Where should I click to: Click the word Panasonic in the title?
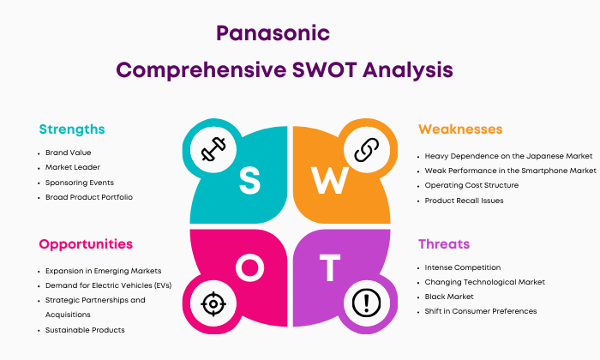[x=273, y=33]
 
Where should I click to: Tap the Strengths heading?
[x=72, y=129]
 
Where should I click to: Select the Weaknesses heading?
[x=460, y=129]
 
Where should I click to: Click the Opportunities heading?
[x=86, y=244]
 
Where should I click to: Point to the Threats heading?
[x=444, y=244]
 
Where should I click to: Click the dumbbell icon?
[x=213, y=149]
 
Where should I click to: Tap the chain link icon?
[x=367, y=150]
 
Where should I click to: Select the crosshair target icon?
[x=213, y=304]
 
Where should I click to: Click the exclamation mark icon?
[x=367, y=303]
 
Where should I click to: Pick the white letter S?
[x=249, y=181]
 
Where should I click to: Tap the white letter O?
[x=250, y=267]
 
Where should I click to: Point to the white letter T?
[x=330, y=267]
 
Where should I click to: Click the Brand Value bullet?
[x=68, y=153]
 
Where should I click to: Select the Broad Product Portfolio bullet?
[x=89, y=197]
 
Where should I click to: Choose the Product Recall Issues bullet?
[x=464, y=201]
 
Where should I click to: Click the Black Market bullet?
[x=449, y=297]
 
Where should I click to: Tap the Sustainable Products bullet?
[x=85, y=330]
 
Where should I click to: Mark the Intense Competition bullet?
[x=463, y=267]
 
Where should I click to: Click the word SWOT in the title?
[x=325, y=70]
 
